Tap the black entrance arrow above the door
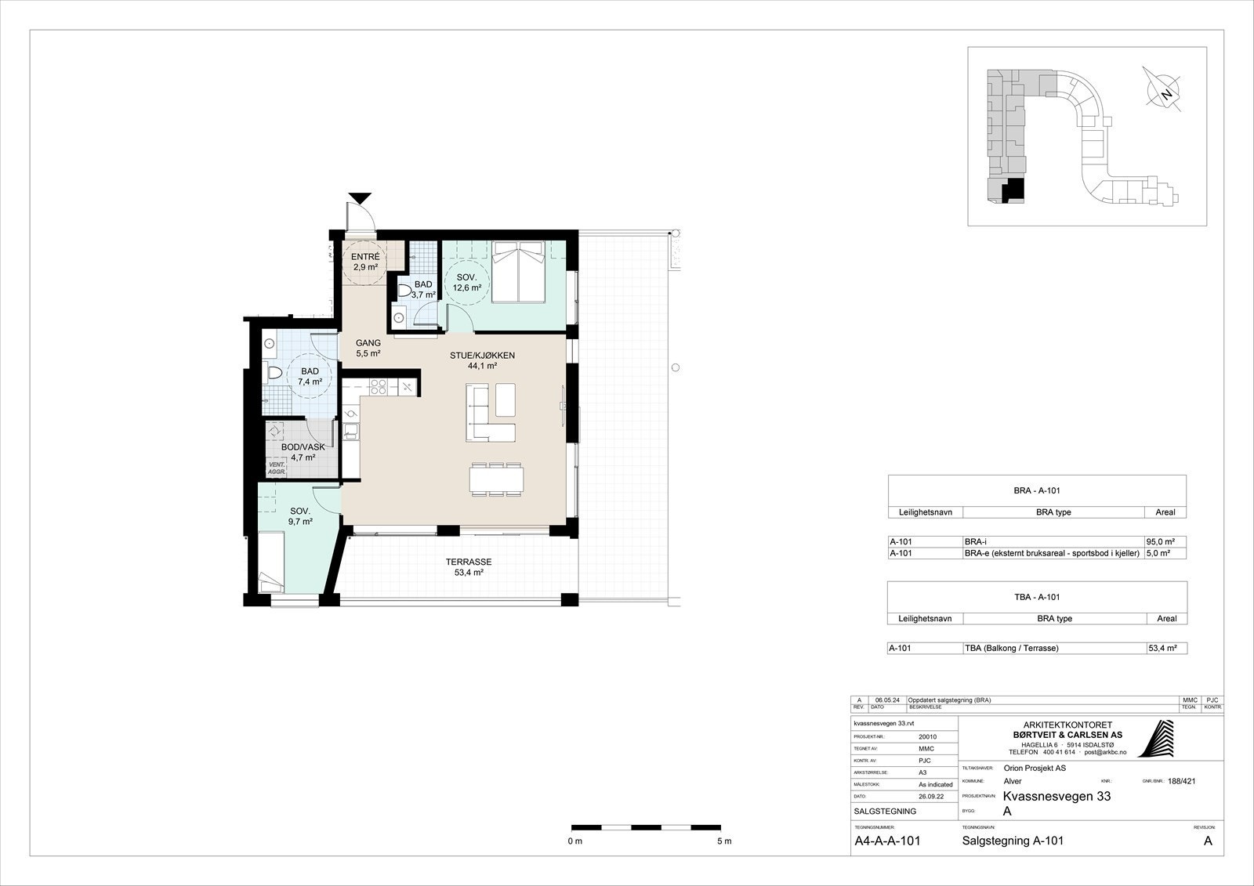[x=361, y=198]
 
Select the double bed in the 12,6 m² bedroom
[x=519, y=272]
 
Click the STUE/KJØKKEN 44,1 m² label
[x=482, y=360]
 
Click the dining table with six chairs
[x=496, y=479]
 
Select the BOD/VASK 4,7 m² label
[x=303, y=452]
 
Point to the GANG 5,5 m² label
[x=368, y=348]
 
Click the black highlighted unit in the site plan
[x=1014, y=190]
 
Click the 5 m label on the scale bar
[x=723, y=841]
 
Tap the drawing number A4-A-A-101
[x=886, y=841]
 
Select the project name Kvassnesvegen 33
[x=1056, y=797]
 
